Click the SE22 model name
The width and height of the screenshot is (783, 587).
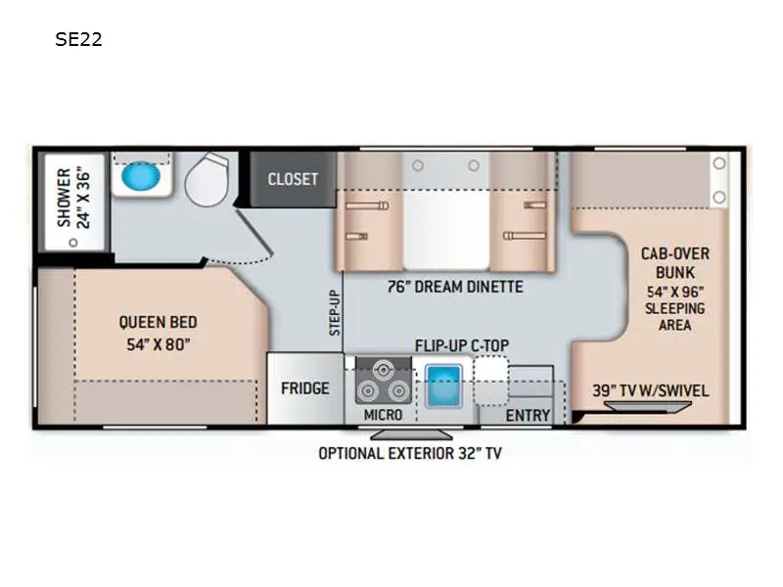coord(78,39)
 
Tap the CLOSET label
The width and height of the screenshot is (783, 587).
coord(293,179)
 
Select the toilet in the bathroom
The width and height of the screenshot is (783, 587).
coord(207,180)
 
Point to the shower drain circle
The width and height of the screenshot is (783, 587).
coord(73,243)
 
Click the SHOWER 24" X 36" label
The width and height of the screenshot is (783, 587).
coord(72,199)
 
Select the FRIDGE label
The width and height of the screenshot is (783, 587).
coord(305,388)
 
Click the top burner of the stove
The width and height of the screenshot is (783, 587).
coord(383,371)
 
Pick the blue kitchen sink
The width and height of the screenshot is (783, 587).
coord(443,386)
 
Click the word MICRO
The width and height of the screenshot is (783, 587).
coord(383,415)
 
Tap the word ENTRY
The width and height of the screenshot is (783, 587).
coord(528,415)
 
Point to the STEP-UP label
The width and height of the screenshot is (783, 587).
coord(335,313)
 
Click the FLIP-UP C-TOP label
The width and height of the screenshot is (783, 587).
coord(462,345)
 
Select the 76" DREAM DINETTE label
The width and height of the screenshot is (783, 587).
coord(455,287)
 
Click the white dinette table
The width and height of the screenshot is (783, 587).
coord(446,231)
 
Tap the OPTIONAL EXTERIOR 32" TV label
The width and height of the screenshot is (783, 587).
coord(410,453)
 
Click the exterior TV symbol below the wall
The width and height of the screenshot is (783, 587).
coord(411,434)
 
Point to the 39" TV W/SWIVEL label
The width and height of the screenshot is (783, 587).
coord(651,390)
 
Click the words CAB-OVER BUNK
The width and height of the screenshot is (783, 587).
coord(675,263)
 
